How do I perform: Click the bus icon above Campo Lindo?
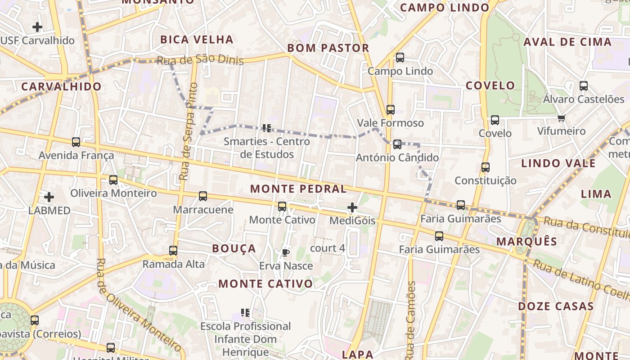point(400,58)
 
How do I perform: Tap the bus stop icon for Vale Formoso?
point(390,110)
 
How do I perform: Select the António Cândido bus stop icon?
point(397,144)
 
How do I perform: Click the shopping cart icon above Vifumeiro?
point(561,118)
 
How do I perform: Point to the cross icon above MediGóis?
point(352,207)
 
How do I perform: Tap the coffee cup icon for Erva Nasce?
point(285,252)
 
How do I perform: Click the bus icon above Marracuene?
point(203,196)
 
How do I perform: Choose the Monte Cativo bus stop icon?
point(282,207)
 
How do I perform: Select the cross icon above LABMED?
point(49,197)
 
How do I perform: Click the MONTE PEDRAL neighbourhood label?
point(298,189)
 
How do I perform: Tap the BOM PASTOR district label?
point(328,48)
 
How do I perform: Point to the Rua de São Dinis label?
point(200,60)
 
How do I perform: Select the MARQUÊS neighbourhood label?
point(526,242)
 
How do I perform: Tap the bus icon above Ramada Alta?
point(173,251)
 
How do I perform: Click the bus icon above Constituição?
point(485,167)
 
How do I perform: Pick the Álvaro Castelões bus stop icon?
point(584,86)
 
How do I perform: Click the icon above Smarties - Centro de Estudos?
point(267,128)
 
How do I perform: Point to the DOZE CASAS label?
point(556,306)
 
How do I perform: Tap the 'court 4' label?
point(328,248)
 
